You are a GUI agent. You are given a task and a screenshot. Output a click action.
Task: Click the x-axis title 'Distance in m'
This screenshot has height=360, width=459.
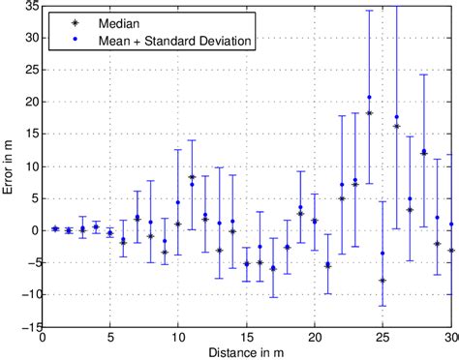[248, 350]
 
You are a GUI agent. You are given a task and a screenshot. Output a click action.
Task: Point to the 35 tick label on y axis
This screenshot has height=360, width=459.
[30, 6]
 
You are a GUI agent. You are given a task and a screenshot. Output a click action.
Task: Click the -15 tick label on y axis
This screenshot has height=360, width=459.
[27, 327]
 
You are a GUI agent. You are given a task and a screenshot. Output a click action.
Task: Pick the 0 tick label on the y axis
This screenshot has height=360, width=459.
[34, 230]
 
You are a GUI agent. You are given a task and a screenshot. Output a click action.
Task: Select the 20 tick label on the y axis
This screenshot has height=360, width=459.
[30, 103]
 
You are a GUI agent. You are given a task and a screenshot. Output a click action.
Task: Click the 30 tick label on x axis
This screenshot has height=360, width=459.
[450, 339]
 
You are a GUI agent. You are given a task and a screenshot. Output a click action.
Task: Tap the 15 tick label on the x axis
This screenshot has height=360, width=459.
[247, 339]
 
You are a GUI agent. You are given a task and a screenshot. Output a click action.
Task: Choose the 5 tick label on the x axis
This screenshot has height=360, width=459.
[109, 339]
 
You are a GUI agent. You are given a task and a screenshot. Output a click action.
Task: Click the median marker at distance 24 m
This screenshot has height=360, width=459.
[369, 114]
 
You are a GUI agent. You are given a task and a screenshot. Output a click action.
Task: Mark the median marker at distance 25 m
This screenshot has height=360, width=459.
[382, 281]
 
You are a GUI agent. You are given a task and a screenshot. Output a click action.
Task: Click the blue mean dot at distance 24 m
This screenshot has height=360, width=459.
[369, 97]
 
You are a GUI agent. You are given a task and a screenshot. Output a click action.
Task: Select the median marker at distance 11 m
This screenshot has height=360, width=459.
[192, 177]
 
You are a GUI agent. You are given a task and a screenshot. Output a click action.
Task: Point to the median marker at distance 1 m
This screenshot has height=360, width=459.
[55, 229]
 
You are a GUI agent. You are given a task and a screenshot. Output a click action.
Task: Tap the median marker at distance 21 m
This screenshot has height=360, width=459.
[328, 265]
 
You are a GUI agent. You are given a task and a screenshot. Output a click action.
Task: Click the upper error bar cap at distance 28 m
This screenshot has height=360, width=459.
[423, 75]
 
